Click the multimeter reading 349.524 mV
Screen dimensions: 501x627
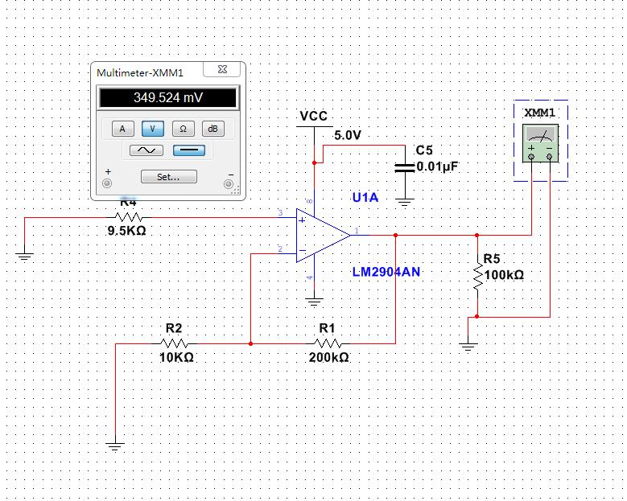click(167, 98)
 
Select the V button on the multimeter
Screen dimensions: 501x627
click(152, 129)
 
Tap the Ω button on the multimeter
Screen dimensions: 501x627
click(182, 129)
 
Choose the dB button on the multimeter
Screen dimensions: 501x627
click(212, 129)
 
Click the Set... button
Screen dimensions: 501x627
click(167, 176)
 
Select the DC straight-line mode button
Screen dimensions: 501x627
click(189, 150)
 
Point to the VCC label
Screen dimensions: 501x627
click(313, 117)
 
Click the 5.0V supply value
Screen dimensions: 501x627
click(348, 136)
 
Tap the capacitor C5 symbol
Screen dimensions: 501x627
click(405, 167)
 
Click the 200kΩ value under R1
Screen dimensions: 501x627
click(328, 358)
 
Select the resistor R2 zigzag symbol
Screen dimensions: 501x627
click(173, 343)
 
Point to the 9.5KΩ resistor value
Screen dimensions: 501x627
click(127, 231)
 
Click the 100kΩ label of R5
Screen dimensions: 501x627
click(504, 275)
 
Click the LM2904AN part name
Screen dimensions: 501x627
click(386, 272)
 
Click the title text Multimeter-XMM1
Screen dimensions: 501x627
click(140, 73)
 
